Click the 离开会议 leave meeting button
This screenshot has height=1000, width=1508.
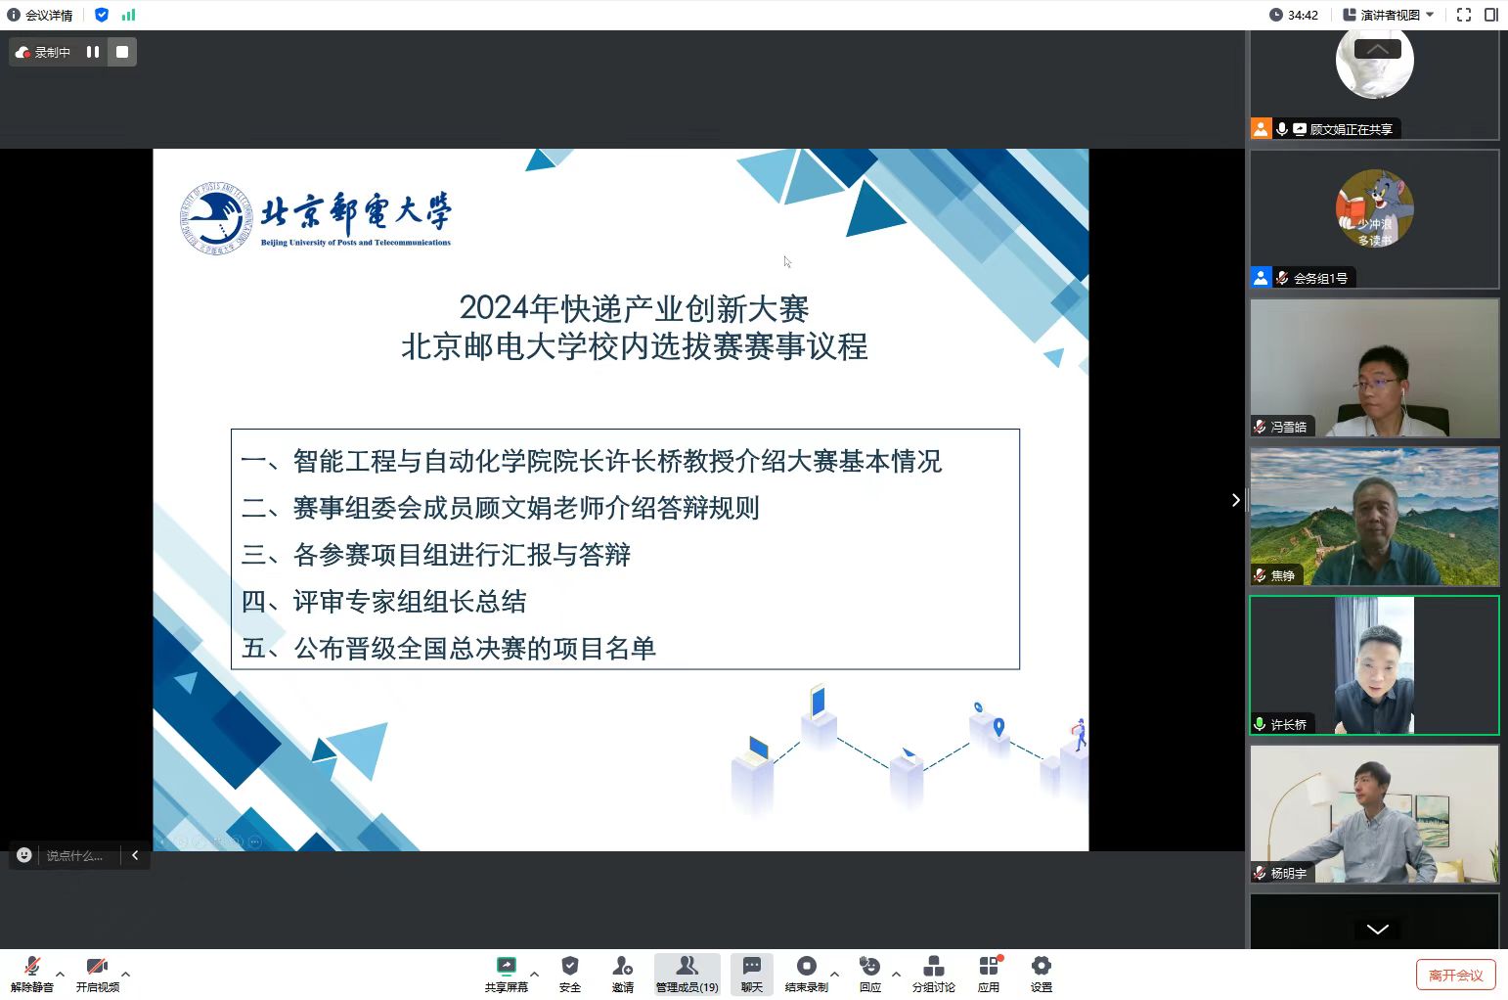(1455, 975)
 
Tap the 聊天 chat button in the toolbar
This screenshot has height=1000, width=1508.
(751, 974)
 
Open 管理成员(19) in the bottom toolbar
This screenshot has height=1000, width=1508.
(687, 974)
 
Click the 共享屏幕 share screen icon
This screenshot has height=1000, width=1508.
(507, 967)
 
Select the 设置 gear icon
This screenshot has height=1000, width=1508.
(1041, 967)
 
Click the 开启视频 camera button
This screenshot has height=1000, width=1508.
(97, 974)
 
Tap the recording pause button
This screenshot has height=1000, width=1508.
(93, 52)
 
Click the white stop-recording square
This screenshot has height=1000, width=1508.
(122, 52)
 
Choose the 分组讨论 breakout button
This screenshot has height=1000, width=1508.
(933, 974)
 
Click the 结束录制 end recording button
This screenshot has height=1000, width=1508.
(806, 974)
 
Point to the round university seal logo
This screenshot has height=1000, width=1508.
(216, 218)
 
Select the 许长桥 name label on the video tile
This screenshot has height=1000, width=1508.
(1289, 725)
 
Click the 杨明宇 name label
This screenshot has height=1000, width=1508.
(1289, 874)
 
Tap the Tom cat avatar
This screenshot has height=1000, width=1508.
(1375, 208)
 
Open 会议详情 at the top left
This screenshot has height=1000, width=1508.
(40, 15)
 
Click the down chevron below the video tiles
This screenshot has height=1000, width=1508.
(1377, 930)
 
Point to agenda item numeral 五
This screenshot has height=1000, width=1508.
(254, 648)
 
